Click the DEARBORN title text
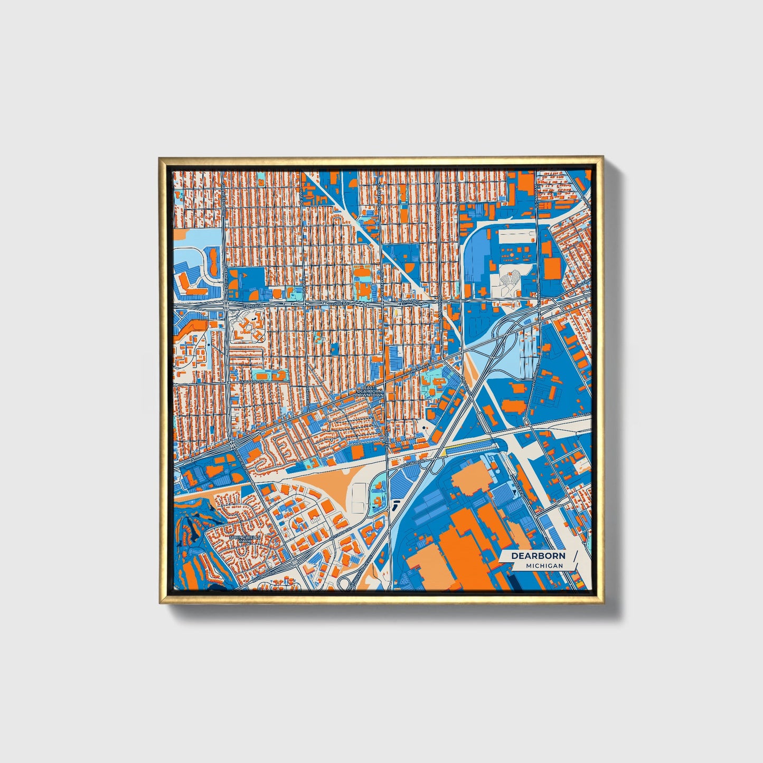pyautogui.click(x=538, y=555)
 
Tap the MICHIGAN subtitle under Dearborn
pyautogui.click(x=544, y=566)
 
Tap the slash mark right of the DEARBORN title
pyautogui.click(x=573, y=559)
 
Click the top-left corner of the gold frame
pyautogui.click(x=159, y=157)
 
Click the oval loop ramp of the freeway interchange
pyautogui.click(x=437, y=464)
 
